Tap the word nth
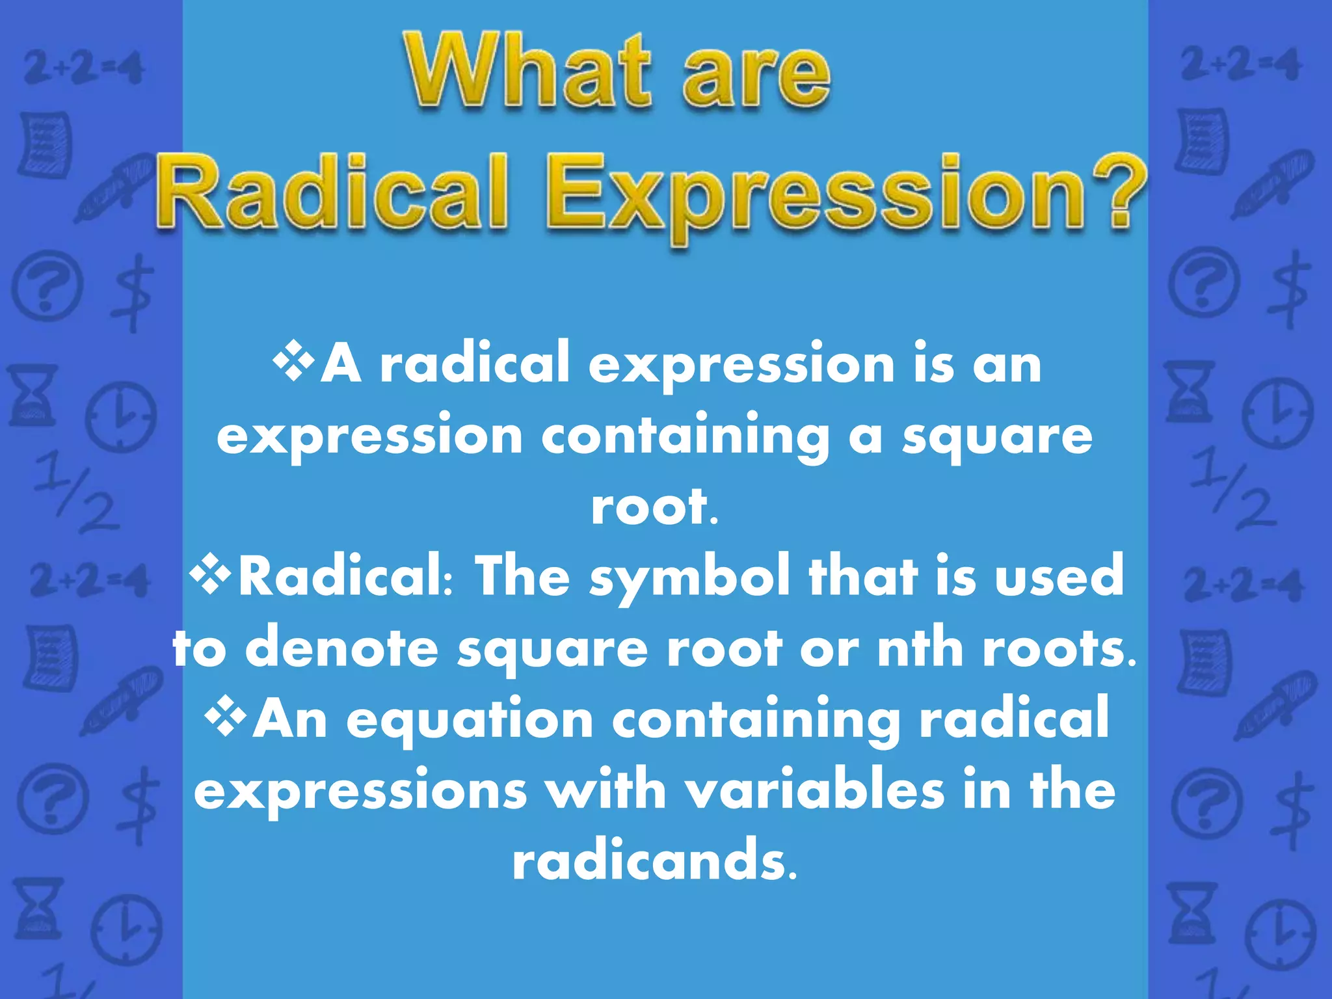click(920, 647)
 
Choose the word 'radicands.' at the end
click(654, 860)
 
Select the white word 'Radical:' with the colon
click(347, 576)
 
